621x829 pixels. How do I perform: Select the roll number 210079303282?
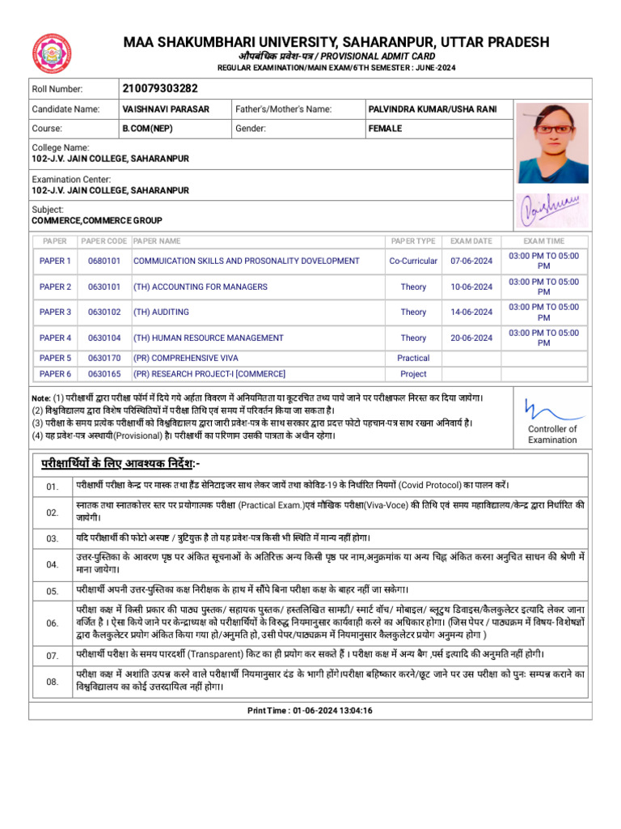pos(159,88)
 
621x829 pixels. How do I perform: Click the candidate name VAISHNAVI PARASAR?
pos(165,108)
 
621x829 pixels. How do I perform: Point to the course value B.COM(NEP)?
pos(147,128)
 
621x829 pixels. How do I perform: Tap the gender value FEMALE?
pos(385,128)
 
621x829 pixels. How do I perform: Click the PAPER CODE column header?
pos(104,240)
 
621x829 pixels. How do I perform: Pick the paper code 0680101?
pos(104,261)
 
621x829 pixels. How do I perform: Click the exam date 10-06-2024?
pos(471,287)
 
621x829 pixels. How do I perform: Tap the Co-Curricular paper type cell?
pos(413,261)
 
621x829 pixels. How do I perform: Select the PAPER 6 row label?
pos(55,373)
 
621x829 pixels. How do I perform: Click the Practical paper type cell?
pos(413,357)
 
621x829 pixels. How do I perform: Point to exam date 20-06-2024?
pos(471,338)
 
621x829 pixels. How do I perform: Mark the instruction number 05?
pos(53,590)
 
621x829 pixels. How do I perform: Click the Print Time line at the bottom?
pos(310,710)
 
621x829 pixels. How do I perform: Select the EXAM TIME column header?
pos(543,240)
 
